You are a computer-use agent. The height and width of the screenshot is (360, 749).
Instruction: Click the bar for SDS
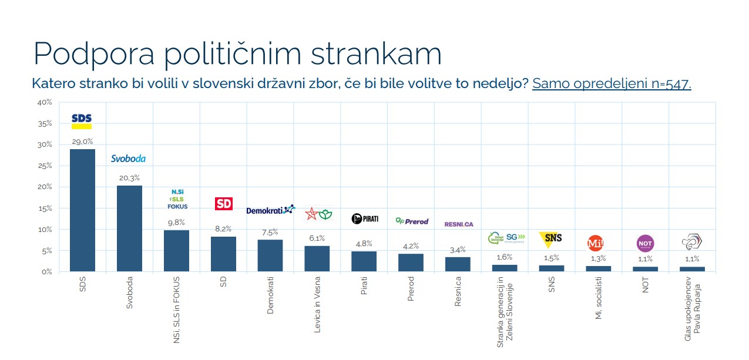[82, 210]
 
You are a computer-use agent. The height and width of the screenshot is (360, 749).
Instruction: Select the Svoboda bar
[129, 228]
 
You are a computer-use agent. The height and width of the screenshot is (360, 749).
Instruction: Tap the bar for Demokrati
[270, 255]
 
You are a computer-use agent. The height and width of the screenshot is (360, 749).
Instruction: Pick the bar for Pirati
[364, 261]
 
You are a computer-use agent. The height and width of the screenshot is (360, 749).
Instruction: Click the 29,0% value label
[82, 142]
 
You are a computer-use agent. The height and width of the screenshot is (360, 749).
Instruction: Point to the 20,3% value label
[129, 178]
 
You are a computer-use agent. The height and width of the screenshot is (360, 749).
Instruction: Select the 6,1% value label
[317, 238]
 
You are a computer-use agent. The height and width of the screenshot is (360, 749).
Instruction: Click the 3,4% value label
[458, 250]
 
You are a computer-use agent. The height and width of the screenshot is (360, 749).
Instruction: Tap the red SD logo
[224, 204]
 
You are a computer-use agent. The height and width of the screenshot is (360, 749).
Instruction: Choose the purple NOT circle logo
[645, 243]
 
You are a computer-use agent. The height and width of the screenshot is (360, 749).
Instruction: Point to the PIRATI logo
[365, 219]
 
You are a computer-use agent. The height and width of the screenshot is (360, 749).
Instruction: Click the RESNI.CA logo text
[459, 224]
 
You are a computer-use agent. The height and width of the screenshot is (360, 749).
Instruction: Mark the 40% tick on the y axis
[45, 102]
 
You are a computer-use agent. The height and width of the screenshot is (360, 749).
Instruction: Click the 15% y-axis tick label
[45, 208]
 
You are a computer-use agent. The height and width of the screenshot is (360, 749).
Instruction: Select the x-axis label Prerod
[411, 289]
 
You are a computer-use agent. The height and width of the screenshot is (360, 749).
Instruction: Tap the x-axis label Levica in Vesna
[317, 304]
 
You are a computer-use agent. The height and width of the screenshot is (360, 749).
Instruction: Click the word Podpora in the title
[94, 53]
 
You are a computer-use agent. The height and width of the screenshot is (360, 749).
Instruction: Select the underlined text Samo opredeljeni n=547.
[612, 83]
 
